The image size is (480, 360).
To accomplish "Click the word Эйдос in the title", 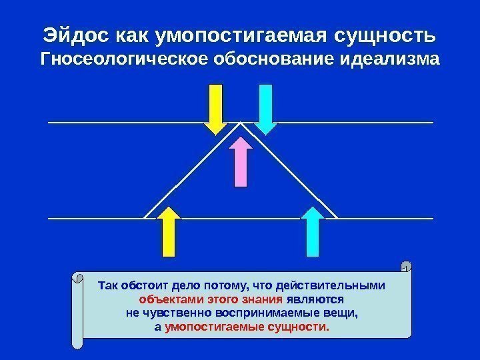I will [x=71, y=33].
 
